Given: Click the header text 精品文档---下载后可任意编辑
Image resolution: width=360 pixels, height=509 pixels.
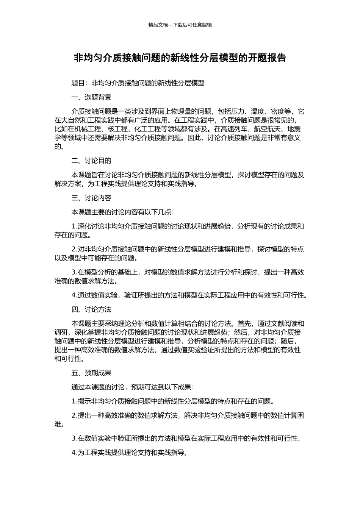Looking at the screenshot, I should tap(180, 25).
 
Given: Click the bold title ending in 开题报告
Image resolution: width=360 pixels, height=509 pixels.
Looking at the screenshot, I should tap(180, 58).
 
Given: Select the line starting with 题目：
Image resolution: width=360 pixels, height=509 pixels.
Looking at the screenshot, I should tap(138, 83).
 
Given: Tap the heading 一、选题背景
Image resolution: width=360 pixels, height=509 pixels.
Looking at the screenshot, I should tap(91, 97).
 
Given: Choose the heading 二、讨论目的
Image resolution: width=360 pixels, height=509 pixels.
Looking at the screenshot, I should tap(91, 161).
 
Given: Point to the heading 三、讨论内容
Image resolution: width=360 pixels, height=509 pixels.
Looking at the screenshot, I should tap(91, 198).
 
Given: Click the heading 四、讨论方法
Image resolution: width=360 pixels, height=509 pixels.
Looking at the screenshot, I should tap(91, 309).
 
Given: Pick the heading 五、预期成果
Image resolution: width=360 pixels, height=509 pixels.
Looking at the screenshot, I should tap(91, 373).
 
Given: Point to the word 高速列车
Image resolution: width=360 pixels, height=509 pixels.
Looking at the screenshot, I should tap(234, 129).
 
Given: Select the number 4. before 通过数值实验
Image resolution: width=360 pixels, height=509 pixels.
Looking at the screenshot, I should tap(74, 295).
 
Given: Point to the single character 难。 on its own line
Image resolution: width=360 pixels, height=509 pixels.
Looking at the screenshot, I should tap(58, 424).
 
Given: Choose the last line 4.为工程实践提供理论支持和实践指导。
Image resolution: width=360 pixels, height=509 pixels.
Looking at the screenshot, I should tap(130, 453).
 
